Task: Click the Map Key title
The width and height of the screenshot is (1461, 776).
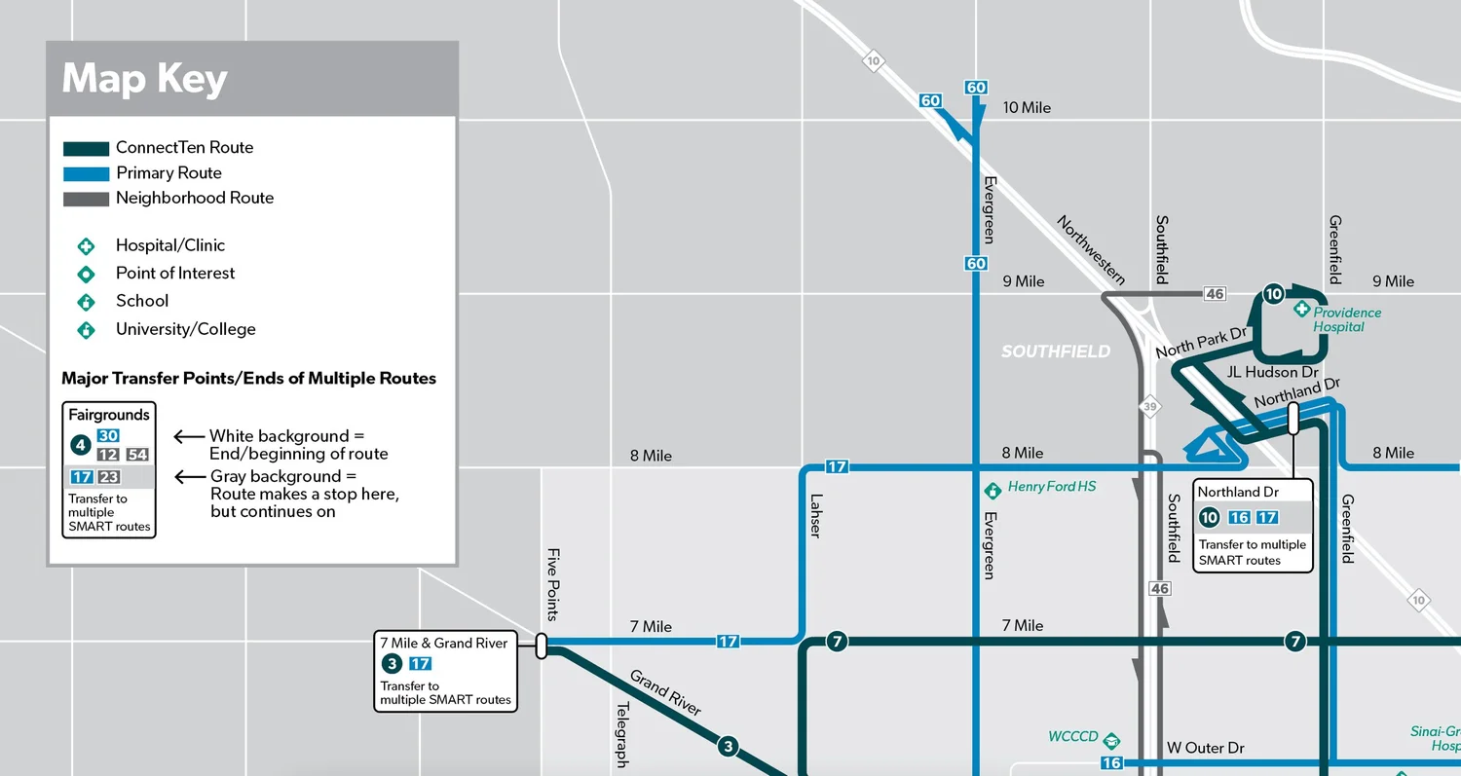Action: point(144,79)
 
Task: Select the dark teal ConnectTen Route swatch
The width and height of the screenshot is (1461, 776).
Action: point(86,149)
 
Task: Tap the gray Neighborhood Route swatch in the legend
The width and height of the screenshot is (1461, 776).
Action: point(86,199)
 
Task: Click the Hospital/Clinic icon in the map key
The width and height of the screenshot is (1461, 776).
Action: point(86,246)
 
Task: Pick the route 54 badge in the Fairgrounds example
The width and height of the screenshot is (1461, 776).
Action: point(137,455)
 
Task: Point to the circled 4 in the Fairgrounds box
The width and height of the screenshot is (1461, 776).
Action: point(80,446)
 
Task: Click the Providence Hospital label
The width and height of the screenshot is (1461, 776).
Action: point(1346,319)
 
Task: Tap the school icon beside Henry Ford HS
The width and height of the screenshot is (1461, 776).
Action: point(993,489)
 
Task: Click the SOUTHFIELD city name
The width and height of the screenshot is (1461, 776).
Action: point(1055,351)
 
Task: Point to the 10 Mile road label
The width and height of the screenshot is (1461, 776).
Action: point(1027,108)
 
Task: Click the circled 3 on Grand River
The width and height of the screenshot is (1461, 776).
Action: point(728,747)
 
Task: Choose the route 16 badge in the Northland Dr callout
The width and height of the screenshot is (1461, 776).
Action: point(1238,518)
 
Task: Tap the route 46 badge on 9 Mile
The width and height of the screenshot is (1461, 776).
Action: point(1214,294)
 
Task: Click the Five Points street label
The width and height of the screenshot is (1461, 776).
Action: point(552,584)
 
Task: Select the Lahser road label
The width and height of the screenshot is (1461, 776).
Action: point(815,516)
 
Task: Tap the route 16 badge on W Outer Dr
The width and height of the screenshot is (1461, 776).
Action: point(1111,763)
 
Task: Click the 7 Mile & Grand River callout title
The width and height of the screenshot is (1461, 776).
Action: point(443,643)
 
